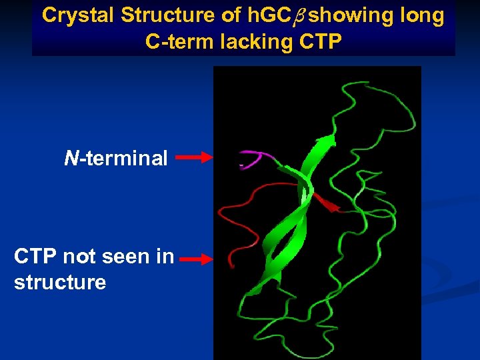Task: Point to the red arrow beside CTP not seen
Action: coord(196,259)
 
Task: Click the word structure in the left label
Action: coord(59,282)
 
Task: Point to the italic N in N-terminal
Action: coord(70,158)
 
